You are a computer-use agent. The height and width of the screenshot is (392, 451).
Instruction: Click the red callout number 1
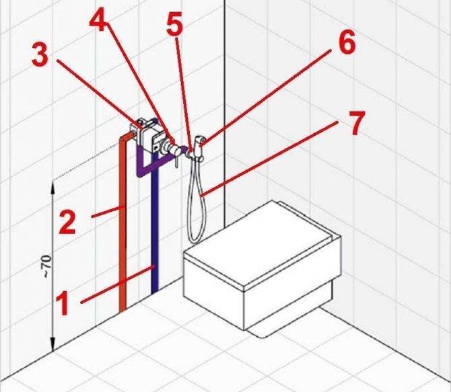point(63,303)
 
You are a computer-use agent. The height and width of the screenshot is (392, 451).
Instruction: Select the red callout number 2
point(67,221)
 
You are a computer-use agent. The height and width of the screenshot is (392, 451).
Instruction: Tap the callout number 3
point(40,55)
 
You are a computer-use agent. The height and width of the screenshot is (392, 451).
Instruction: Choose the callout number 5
point(174,24)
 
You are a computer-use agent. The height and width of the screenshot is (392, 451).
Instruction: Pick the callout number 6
point(347,42)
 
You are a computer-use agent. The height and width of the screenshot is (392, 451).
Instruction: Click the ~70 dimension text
point(48,266)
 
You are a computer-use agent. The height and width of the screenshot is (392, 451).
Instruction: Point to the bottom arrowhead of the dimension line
point(53,344)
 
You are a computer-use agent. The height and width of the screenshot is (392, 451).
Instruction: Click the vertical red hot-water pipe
point(123,224)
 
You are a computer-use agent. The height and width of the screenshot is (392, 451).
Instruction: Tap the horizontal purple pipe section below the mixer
point(152,167)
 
